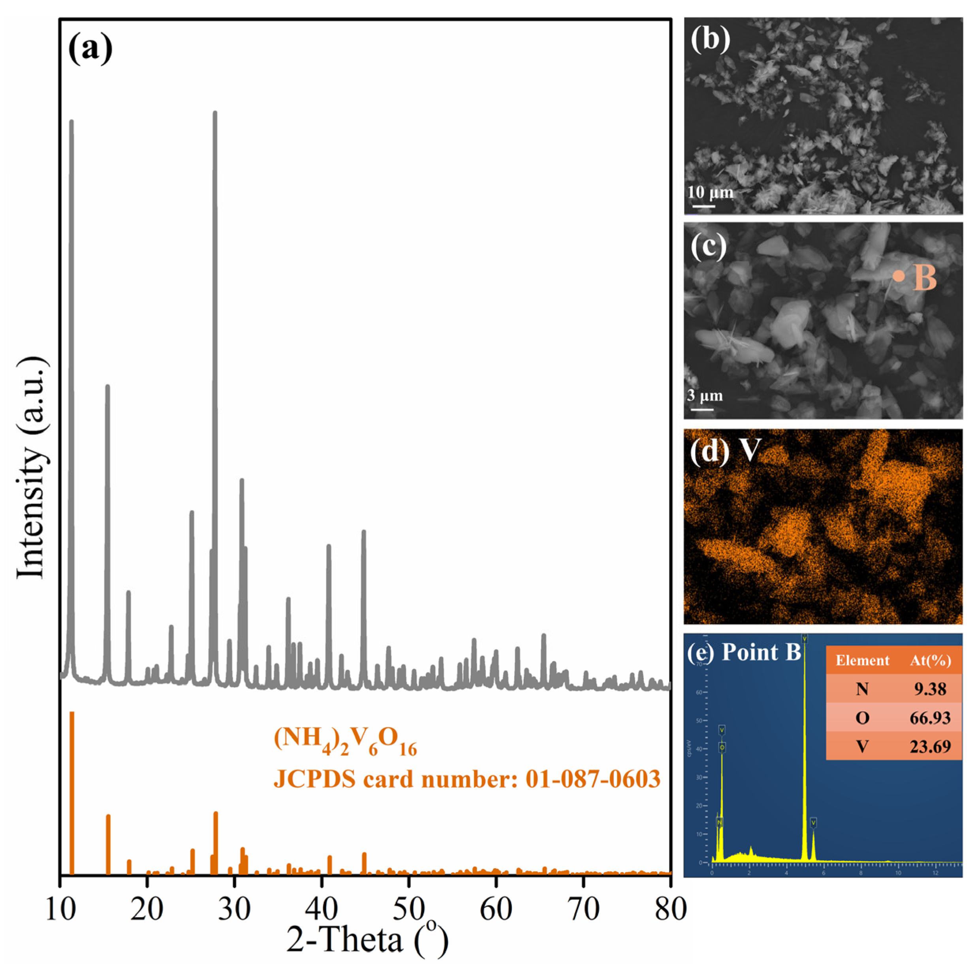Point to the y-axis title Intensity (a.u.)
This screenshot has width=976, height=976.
pos(31,467)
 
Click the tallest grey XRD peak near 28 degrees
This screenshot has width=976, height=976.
pos(215,114)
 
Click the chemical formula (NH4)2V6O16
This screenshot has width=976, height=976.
pos(346,741)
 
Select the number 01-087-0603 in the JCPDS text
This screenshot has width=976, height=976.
pos(592,779)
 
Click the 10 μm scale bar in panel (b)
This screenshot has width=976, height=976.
pos(703,206)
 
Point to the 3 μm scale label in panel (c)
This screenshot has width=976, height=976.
pos(705,395)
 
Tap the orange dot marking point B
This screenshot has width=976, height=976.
pos(898,276)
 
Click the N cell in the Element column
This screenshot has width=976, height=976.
pos(862,689)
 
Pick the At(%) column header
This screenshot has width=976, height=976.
pos(930,660)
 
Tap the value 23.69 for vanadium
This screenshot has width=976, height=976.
pos(930,746)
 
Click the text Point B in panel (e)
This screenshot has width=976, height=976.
pos(761,652)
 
